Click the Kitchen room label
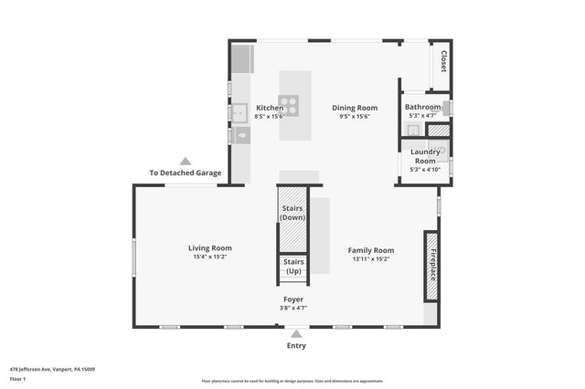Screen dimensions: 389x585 270,108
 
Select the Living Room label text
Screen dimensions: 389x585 210,247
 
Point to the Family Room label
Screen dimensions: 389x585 371,250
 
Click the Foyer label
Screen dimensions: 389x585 293,299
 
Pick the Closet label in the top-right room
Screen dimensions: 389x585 442,62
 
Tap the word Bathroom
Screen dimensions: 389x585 423,107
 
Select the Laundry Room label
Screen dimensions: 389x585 425,156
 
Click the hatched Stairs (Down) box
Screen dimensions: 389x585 292,220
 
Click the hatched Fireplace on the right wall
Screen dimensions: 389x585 432,265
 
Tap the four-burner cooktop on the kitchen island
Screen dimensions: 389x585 289,105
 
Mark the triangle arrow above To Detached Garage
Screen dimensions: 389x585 186,160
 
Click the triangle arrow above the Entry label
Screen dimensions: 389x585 296,334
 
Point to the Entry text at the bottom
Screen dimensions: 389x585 296,346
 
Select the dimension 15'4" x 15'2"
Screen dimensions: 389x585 210,258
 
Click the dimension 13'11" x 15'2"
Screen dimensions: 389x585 371,259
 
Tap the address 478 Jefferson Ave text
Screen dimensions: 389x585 52,369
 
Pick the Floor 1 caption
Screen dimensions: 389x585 18,378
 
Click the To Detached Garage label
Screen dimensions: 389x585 186,173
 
